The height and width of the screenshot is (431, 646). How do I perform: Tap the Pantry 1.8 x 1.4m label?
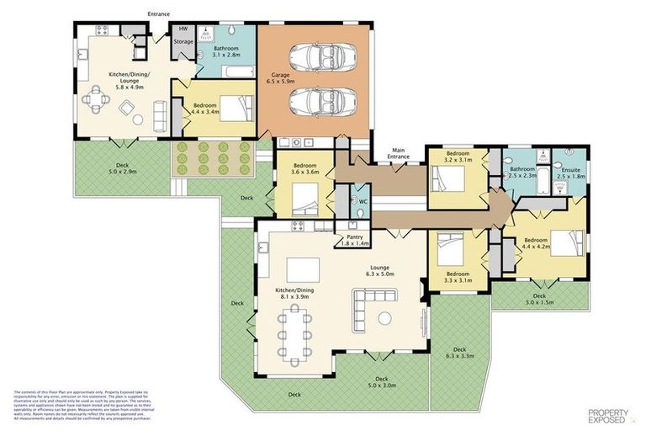[x=354, y=241]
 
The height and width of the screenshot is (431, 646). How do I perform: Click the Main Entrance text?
[x=398, y=154]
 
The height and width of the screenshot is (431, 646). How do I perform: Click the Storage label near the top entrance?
[x=183, y=41]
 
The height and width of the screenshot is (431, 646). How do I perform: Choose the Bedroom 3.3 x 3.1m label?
[x=458, y=277]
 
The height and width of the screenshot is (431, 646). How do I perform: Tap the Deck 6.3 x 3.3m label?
[x=459, y=353]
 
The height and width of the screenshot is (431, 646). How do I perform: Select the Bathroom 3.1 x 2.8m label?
[x=226, y=52]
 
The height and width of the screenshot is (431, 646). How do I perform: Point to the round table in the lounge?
[x=386, y=318]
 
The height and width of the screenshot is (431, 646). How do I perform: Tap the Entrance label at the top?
[x=160, y=13]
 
